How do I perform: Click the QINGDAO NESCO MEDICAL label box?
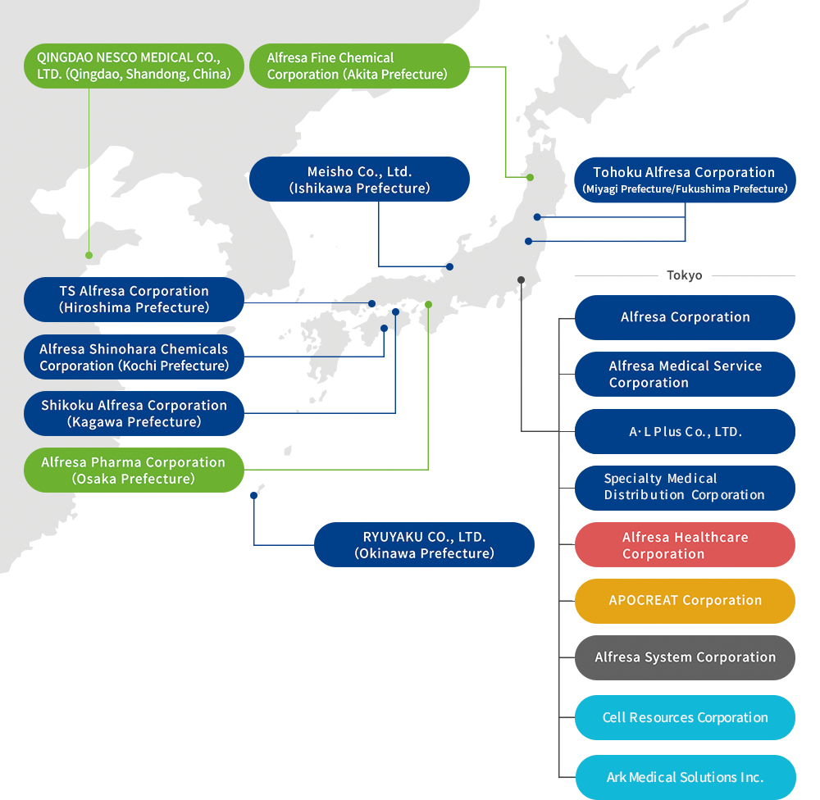point(134,66)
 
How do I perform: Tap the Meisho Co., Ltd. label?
point(359,180)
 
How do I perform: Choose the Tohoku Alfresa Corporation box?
point(685,180)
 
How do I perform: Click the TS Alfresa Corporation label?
point(134,299)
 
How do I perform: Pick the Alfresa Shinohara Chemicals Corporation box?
point(134,357)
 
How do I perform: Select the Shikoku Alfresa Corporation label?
point(134,413)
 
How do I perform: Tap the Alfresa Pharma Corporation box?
point(134,470)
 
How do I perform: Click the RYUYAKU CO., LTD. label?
point(424,545)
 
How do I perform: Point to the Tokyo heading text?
point(685,275)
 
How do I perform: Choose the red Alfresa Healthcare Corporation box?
point(685,545)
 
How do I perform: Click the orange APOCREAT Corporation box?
point(685,601)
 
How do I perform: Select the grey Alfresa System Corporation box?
point(685,657)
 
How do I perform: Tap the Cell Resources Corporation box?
point(685,717)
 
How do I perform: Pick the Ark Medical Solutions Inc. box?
point(685,777)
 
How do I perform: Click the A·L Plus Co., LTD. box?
point(685,432)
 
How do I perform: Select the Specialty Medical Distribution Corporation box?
point(685,488)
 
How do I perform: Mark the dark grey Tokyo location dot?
point(521,280)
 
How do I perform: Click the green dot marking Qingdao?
point(89,255)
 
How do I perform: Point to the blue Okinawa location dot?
point(253,496)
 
